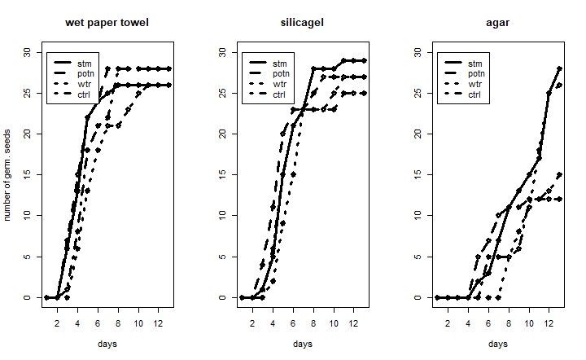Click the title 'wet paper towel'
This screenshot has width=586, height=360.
pyautogui.click(x=107, y=22)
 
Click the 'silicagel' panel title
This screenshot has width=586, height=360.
pyautogui.click(x=303, y=22)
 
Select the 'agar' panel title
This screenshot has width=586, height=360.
pyautogui.click(x=498, y=22)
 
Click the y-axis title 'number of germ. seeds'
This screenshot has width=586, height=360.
pyautogui.click(x=7, y=174)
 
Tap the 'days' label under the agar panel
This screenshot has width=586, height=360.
pyautogui.click(x=498, y=345)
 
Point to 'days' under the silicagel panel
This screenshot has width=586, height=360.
pyautogui.click(x=303, y=345)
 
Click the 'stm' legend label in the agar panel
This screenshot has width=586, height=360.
pyautogui.click(x=474, y=63)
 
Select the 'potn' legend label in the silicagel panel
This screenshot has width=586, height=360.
pyautogui.click(x=281, y=73)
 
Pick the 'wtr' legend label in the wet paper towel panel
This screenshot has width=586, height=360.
pyautogui.click(x=85, y=84)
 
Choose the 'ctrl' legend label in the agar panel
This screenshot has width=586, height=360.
pyautogui.click(x=475, y=94)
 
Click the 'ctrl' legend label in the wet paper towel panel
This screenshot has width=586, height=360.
pyautogui.click(x=85, y=94)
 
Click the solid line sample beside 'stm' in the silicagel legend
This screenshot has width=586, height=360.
pyautogui.click(x=260, y=63)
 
